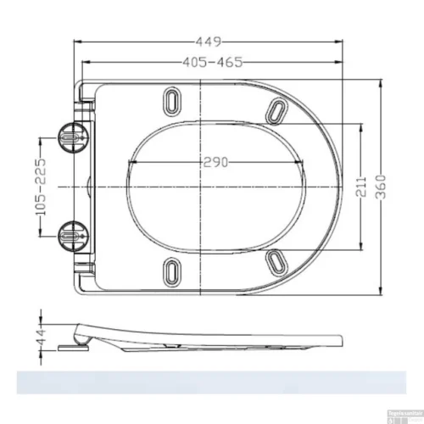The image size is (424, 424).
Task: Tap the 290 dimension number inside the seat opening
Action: point(215,162)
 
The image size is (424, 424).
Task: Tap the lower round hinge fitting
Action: point(71,232)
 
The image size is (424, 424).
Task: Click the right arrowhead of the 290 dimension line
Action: point(304,162)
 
